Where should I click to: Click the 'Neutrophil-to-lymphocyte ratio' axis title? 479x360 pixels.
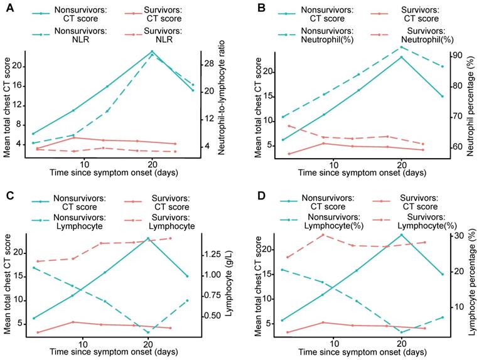coord(223,103)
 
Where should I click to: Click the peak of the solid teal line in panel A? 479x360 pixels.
coord(152,51)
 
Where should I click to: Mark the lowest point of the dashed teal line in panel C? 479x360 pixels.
coord(148,332)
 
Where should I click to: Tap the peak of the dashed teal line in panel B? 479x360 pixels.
coord(401,46)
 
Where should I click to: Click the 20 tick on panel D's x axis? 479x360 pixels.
coord(401,344)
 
